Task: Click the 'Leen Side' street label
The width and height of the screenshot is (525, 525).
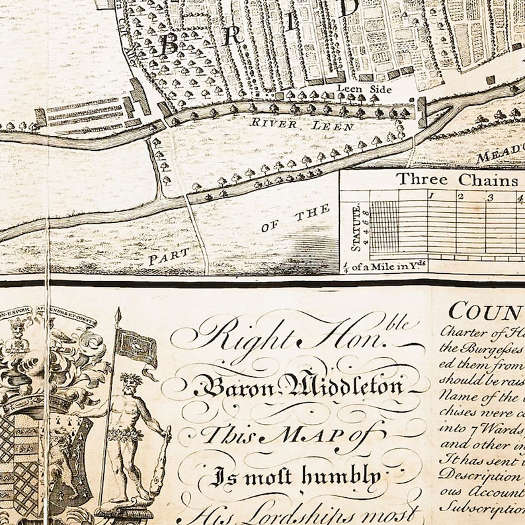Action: [x=364, y=89]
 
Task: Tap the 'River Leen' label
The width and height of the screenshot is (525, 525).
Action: [x=284, y=122]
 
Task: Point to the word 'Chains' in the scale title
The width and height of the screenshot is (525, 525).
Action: [x=493, y=180]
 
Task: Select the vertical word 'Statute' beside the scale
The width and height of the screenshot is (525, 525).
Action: [x=356, y=228]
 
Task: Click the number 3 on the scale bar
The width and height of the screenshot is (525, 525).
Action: [x=491, y=197]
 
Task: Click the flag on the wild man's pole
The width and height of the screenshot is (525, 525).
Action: [x=138, y=347]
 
